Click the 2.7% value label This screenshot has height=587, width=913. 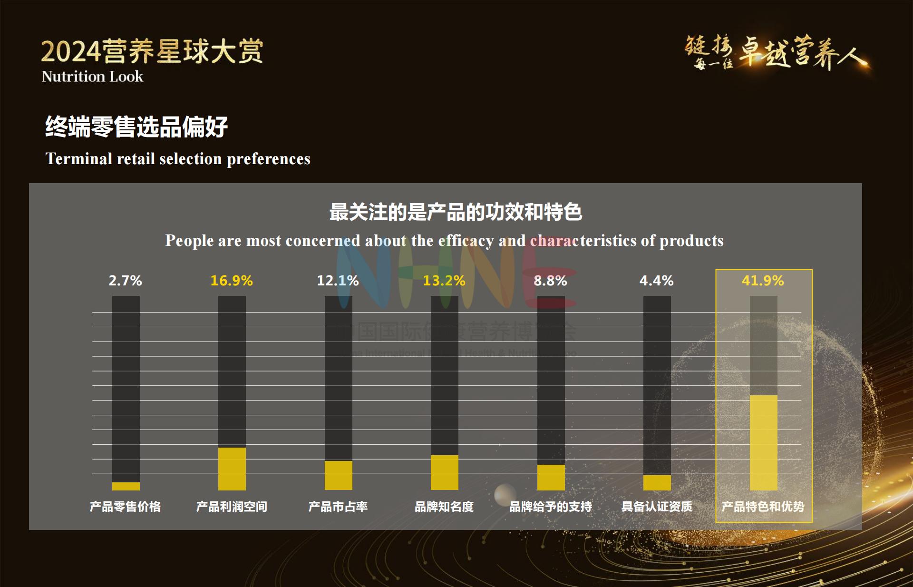[x=125, y=281]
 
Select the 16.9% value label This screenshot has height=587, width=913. [x=232, y=281]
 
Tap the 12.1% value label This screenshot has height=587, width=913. [x=338, y=281]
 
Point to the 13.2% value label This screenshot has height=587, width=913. [x=444, y=281]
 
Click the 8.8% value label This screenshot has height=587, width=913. [x=550, y=281]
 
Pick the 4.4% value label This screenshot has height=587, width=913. [x=656, y=281]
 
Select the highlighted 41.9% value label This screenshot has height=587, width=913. [x=763, y=281]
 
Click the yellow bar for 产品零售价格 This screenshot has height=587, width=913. [x=126, y=486]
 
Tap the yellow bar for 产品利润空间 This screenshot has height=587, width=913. [x=232, y=469]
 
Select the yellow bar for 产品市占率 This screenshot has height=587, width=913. [x=339, y=475]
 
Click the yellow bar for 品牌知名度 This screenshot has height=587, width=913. [x=445, y=472]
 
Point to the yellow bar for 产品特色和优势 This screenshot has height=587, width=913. [x=764, y=442]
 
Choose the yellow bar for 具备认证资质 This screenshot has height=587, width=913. [x=657, y=482]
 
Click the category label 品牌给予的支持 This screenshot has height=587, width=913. [x=551, y=507]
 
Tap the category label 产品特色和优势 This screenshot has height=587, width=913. [x=763, y=507]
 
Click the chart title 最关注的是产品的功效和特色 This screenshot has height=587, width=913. [x=456, y=212]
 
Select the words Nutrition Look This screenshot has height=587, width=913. [x=92, y=77]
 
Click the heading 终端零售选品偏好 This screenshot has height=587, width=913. [x=136, y=127]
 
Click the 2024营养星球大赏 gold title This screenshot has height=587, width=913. [x=152, y=51]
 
